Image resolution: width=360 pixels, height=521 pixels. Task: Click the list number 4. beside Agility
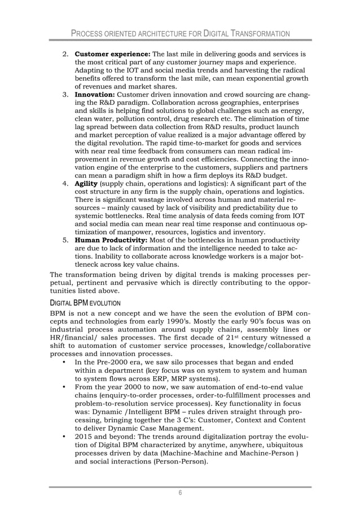point(65,183)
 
